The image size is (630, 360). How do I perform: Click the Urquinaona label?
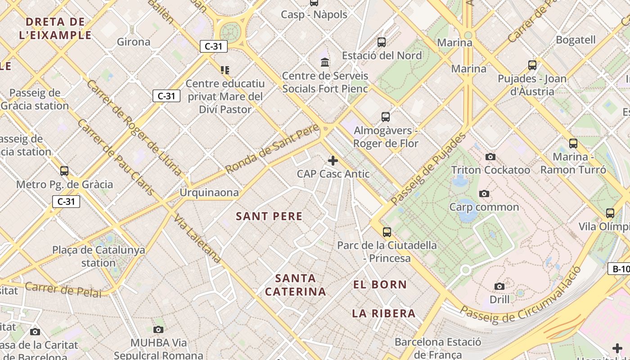209,193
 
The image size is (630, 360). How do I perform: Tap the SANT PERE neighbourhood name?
269,216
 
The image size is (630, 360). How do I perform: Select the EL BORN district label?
380,284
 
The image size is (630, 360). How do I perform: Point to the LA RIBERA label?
383,313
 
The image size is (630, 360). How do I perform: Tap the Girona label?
134,42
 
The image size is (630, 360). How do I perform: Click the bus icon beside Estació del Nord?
382,42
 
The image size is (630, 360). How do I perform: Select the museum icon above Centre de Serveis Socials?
325,62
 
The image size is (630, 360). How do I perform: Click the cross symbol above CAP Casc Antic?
333,161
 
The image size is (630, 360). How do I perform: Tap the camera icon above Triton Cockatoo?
490,157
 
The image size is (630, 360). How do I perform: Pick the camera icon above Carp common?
484,194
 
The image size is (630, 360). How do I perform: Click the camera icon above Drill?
499,286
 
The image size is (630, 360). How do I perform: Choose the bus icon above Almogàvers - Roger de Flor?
386,117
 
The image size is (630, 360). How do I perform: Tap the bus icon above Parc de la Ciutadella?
387,232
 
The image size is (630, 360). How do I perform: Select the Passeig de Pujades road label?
427,169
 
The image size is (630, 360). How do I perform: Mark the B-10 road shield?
619,269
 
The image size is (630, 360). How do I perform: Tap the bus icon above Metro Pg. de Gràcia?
64,171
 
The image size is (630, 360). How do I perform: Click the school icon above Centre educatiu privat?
225,70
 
